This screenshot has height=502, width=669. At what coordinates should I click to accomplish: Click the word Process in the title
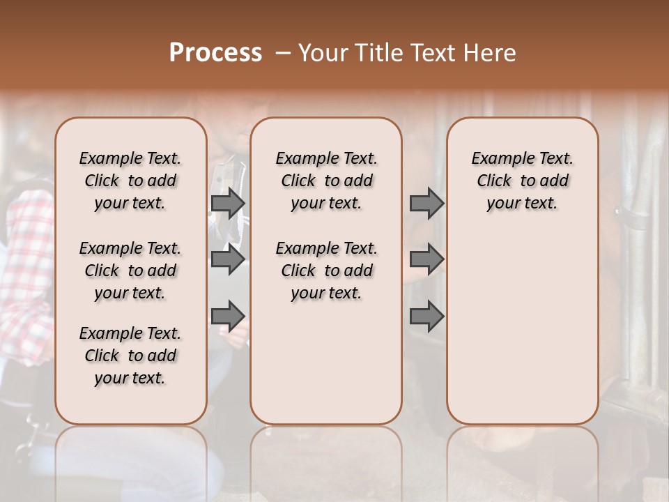click(215, 53)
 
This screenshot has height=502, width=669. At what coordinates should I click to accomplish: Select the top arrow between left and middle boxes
click(228, 204)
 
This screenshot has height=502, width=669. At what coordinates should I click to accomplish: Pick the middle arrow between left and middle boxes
click(228, 260)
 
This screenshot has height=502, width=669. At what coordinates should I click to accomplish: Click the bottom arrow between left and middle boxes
click(228, 316)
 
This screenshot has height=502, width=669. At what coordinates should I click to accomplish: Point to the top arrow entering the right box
click(426, 204)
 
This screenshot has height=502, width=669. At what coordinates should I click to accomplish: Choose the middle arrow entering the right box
click(426, 260)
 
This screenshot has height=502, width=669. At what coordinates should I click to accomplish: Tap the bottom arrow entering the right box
click(426, 316)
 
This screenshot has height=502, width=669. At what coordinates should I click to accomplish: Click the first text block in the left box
click(130, 181)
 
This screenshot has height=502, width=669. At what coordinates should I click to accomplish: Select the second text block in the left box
click(130, 271)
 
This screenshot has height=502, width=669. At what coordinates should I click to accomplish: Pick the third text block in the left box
click(130, 356)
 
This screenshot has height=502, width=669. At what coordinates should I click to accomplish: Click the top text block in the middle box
click(326, 181)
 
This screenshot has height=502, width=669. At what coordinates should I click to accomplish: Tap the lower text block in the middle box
click(326, 271)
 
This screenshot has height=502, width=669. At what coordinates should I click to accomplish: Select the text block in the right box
click(522, 181)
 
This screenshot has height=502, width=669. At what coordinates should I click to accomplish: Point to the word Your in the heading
click(323, 53)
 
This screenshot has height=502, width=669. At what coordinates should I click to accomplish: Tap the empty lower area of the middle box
click(326, 363)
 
